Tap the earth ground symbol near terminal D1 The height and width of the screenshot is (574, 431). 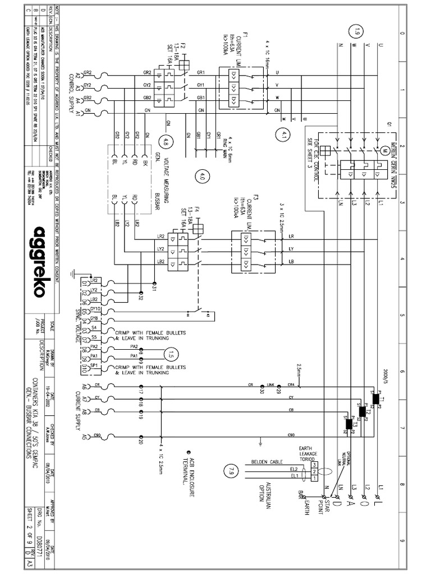pos(72,272)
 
